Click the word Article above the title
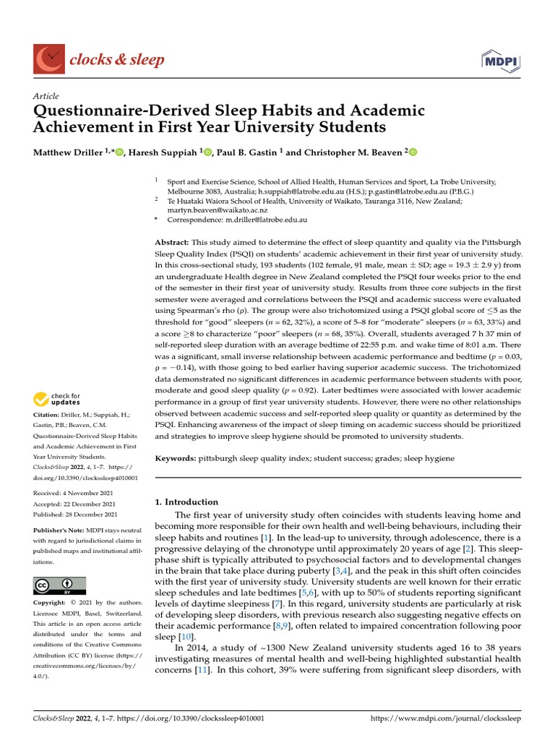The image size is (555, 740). coord(46,96)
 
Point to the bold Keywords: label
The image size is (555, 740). coord(176,458)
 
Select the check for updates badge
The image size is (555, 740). coord(56,398)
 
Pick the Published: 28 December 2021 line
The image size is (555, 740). coord(75,515)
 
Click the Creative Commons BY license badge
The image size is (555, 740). coord(59,585)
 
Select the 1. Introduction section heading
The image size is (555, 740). coord(186,502)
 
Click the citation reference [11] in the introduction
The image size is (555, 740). coord(203,671)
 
